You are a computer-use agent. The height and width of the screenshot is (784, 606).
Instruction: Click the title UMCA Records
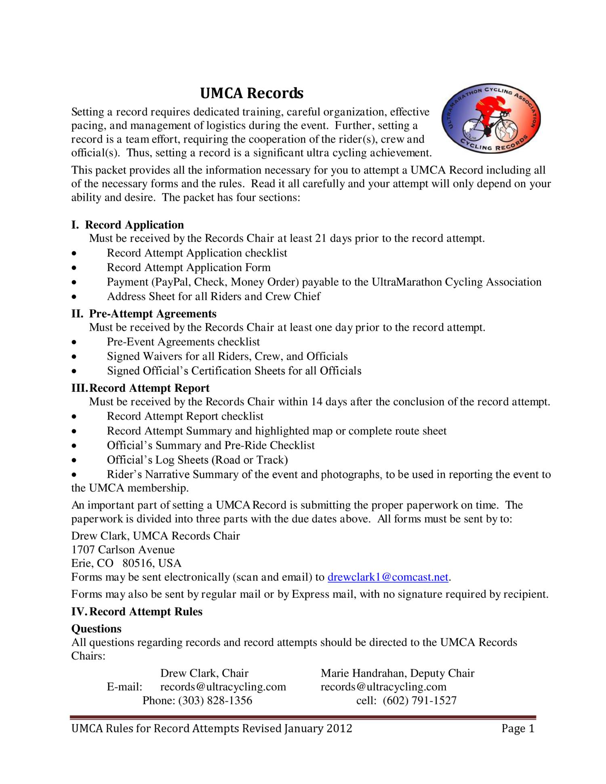[x=252, y=93]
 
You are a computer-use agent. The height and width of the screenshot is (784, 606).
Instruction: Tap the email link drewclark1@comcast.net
[x=388, y=577]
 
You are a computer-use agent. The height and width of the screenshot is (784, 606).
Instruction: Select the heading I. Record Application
[x=128, y=225]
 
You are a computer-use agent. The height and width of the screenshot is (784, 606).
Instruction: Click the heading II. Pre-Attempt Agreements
[x=144, y=314]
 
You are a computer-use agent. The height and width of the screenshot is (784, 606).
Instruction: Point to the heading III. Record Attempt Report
[x=141, y=388]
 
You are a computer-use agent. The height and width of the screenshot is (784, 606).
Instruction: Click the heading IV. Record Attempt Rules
[x=137, y=612]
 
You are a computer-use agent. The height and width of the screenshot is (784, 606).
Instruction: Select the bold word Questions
[x=96, y=628]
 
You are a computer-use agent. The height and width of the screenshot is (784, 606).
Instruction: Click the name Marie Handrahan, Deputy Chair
[x=398, y=673]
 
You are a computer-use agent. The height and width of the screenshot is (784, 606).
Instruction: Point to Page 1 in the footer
[x=518, y=728]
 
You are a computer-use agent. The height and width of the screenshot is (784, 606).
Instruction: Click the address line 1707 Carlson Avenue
[x=123, y=550]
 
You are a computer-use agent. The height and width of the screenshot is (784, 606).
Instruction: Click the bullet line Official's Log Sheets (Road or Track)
[x=197, y=460]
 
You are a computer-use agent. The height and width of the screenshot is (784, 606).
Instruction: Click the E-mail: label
[x=124, y=687]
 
